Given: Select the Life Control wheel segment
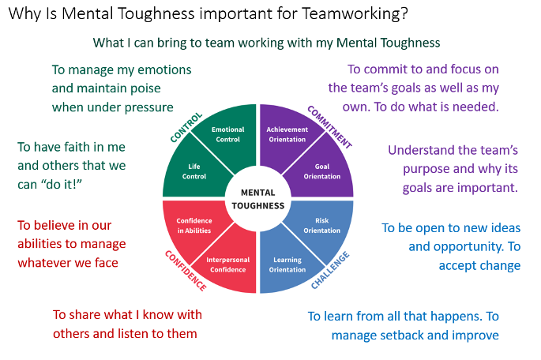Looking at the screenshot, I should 193,171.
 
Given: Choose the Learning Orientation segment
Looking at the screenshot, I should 287,264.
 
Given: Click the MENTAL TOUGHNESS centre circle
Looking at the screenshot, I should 257,199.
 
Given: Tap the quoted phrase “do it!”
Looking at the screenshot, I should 88,185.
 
